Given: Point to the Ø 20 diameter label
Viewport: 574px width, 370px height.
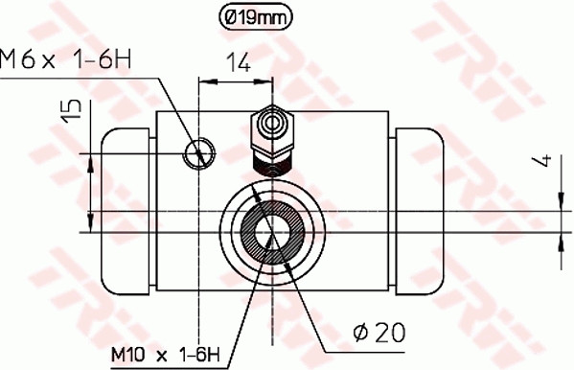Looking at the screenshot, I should [379, 333].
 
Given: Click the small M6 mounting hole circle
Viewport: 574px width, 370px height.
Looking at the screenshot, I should [200, 150].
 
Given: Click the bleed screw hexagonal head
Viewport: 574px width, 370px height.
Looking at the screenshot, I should [272, 125].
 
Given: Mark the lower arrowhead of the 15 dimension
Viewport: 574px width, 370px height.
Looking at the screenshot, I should [92, 207].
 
